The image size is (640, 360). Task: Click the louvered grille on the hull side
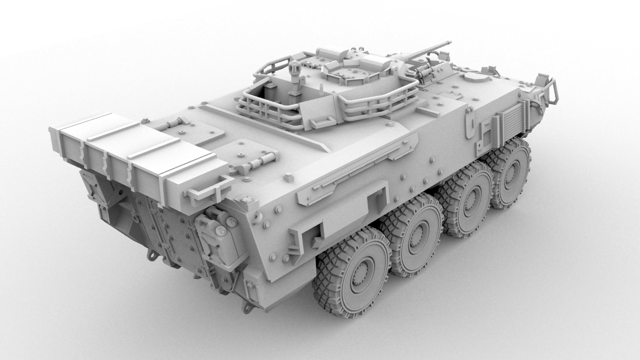(510, 122)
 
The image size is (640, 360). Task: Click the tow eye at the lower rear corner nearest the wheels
(246, 306)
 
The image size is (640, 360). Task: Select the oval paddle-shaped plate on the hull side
(470, 122)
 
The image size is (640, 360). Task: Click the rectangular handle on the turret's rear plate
(322, 122)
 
